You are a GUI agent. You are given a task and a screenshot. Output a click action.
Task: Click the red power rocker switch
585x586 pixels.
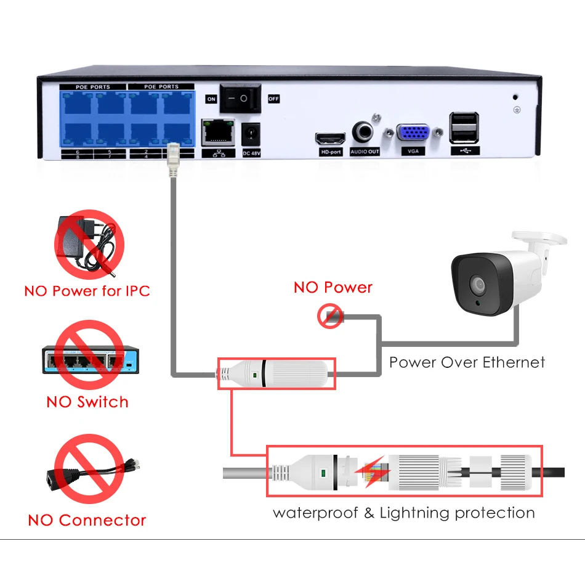point(240,98)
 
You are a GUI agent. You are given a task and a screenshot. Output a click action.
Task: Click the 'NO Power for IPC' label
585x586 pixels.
point(87,290)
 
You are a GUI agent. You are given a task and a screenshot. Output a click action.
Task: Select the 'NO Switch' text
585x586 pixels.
point(87,402)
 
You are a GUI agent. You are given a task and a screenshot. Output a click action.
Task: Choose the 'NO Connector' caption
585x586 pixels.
point(87,520)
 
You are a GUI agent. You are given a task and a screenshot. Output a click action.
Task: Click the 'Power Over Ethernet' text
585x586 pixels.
point(467,362)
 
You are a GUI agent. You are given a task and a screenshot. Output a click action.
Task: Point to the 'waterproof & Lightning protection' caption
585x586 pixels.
point(403,513)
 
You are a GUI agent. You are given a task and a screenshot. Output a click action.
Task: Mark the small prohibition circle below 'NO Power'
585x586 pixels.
point(330,317)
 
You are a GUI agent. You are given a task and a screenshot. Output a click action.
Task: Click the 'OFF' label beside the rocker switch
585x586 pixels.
point(273,99)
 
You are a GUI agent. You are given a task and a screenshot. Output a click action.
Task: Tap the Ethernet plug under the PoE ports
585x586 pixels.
point(173,159)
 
